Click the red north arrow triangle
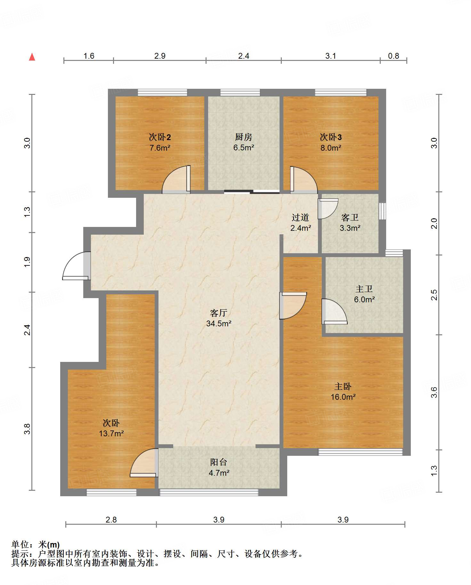point(32,57)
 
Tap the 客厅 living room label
point(219,313)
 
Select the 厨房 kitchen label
point(244,137)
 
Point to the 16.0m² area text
point(343,397)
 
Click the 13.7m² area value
point(111,433)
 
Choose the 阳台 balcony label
point(219,462)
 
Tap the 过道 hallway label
point(300,218)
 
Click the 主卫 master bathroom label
point(364,289)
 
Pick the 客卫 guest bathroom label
point(350,218)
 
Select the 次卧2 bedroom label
point(160,137)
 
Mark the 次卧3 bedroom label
point(331,137)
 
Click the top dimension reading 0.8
point(394,56)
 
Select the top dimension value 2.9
point(160,56)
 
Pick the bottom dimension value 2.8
point(111,520)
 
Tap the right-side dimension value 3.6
point(434,392)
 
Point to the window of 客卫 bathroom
point(382,211)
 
